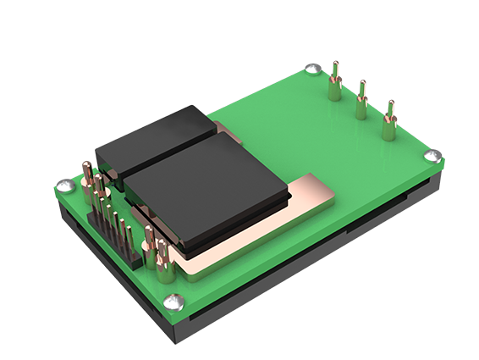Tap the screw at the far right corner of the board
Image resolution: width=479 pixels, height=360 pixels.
431,156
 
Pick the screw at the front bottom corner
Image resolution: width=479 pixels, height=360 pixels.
173,299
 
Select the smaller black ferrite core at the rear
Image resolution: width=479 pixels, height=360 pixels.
152,140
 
